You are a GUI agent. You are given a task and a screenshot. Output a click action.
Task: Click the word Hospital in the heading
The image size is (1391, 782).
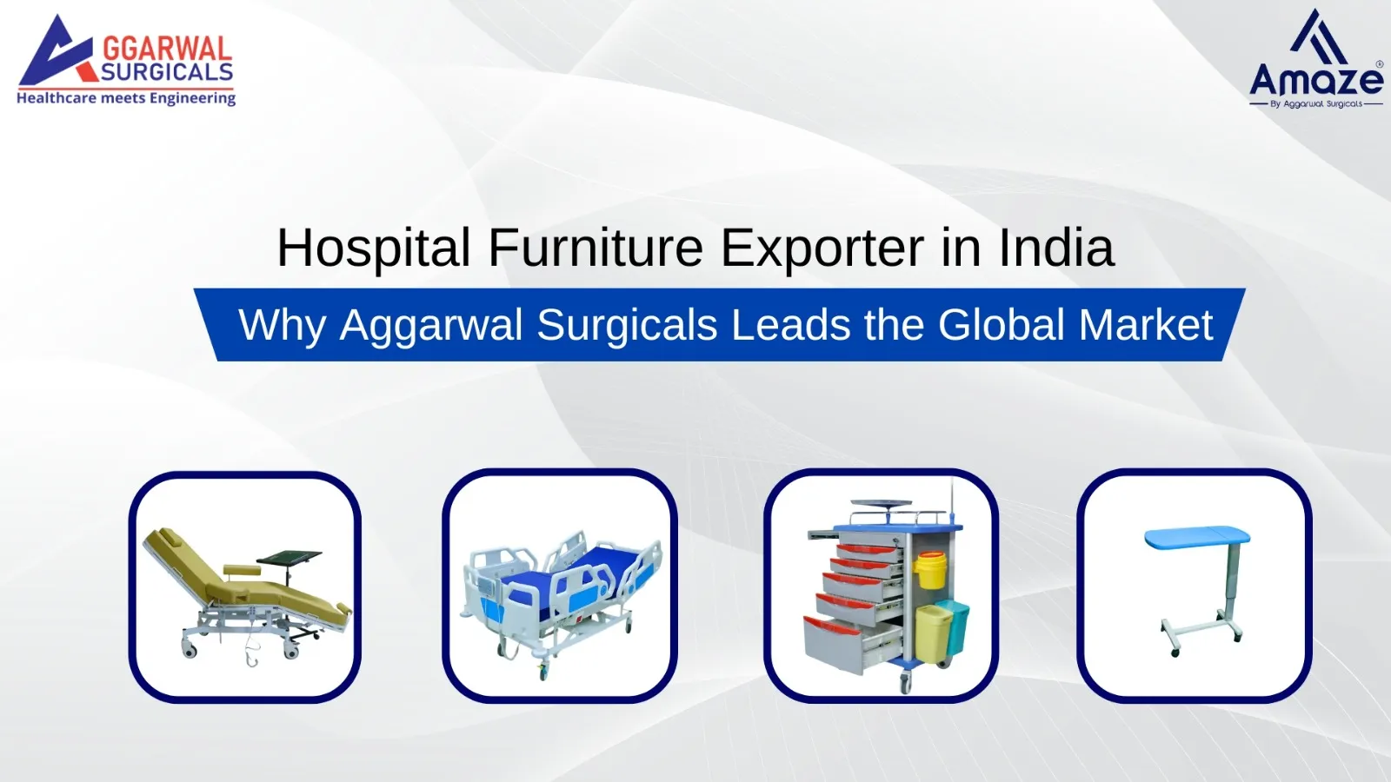[374, 249]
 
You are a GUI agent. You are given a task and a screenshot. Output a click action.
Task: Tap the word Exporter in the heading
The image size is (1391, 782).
[822, 249]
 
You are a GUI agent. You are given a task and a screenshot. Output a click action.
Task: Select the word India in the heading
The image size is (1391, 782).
[1055, 249]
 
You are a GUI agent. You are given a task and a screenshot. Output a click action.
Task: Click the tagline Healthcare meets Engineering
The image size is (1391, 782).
[126, 98]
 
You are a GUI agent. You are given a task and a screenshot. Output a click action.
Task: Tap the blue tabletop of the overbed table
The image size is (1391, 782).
[1197, 537]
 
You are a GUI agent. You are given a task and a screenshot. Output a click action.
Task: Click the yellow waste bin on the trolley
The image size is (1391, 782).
[932, 631]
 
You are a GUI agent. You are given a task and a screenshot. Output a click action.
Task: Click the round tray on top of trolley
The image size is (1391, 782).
[880, 504]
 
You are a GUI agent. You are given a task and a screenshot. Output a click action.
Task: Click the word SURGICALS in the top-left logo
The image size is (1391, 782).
[167, 72]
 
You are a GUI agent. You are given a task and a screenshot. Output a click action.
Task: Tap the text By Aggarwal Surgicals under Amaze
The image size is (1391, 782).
[1316, 104]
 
